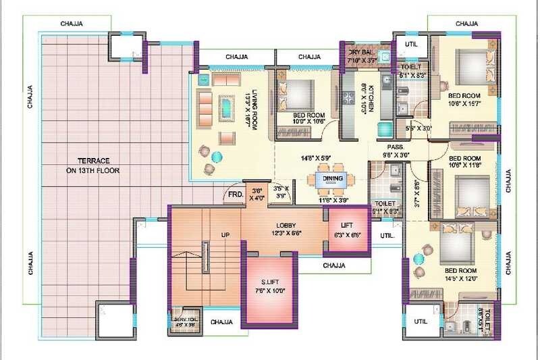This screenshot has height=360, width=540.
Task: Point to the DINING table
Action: (332, 179)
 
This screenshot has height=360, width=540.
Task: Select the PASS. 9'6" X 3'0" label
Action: (396, 150)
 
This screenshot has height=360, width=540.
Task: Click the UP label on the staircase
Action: (227, 236)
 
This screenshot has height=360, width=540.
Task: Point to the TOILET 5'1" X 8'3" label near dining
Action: (385, 207)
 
